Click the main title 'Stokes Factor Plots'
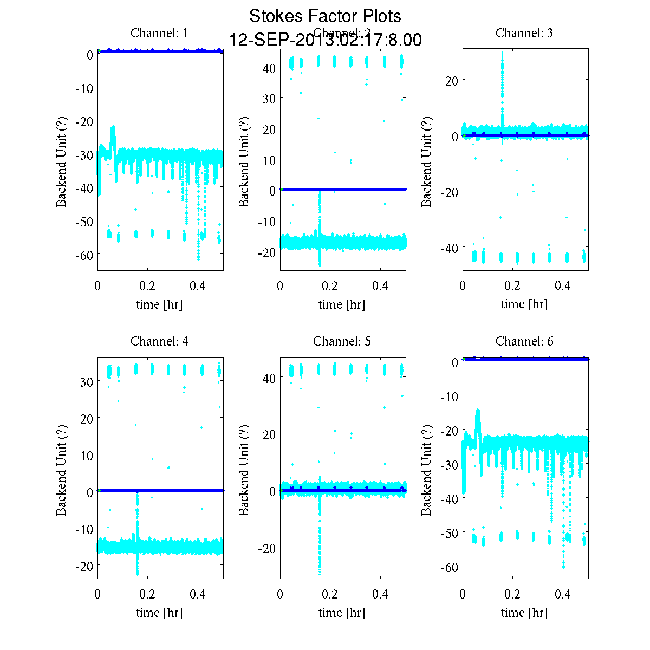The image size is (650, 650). click(x=325, y=16)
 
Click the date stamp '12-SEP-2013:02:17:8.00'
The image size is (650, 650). click(x=325, y=40)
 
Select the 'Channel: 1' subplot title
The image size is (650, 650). click(x=159, y=33)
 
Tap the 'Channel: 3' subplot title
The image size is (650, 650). click(x=524, y=33)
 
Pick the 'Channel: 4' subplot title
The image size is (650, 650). click(x=159, y=341)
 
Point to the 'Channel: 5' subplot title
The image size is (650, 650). click(x=342, y=341)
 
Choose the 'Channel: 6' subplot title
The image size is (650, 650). click(x=524, y=341)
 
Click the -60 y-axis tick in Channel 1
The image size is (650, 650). click(x=82, y=255)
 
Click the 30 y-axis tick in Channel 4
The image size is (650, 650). click(x=86, y=381)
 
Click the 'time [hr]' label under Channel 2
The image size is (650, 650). click(x=342, y=304)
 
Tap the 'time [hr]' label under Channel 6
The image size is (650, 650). click(x=524, y=613)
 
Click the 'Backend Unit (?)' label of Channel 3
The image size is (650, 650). click(x=427, y=161)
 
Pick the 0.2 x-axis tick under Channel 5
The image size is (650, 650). click(x=330, y=594)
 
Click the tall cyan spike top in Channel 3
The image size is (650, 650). click(x=502, y=53)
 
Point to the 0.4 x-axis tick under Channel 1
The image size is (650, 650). click(x=198, y=286)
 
